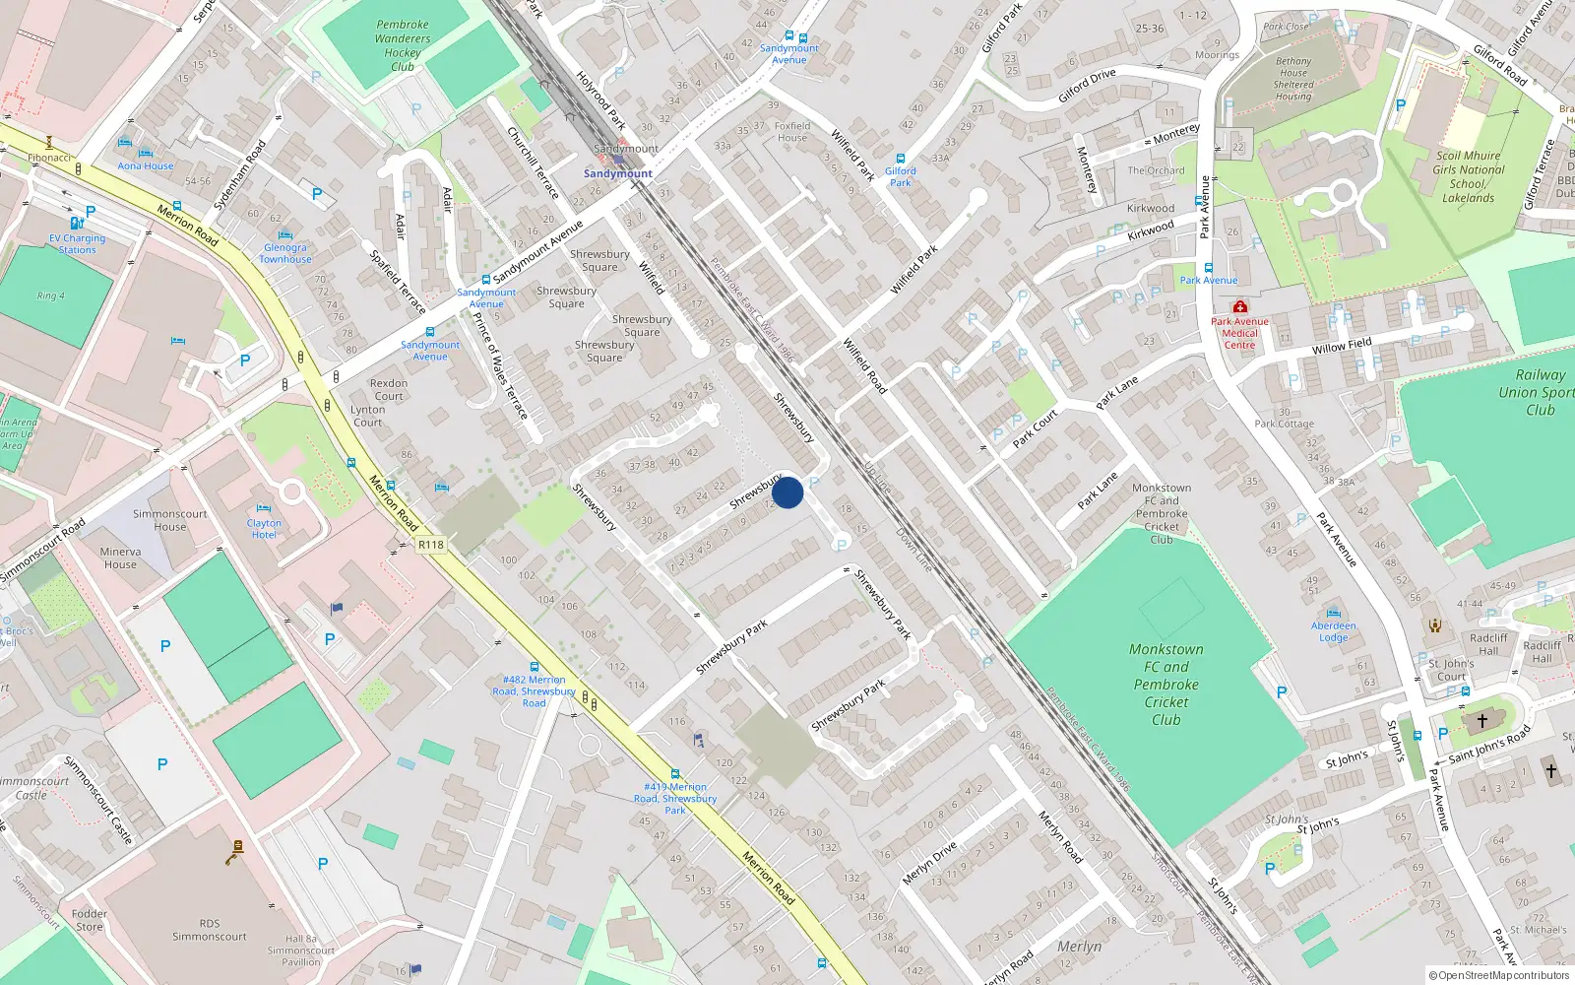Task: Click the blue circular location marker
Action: click(x=787, y=492)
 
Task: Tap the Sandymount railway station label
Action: click(x=617, y=173)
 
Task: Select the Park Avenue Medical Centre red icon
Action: click(x=1239, y=307)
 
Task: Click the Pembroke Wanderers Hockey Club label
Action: click(x=402, y=45)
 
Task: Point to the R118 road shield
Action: click(x=431, y=545)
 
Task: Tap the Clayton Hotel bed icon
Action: click(x=264, y=509)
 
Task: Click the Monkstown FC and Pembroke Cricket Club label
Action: click(x=1165, y=684)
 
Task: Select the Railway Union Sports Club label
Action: click(x=1539, y=391)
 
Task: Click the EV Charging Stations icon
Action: click(x=77, y=224)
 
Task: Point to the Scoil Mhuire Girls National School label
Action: click(x=1468, y=176)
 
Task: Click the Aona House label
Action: click(x=146, y=165)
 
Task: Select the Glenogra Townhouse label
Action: click(x=285, y=253)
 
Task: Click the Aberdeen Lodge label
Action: click(x=1334, y=631)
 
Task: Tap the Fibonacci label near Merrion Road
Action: click(x=49, y=158)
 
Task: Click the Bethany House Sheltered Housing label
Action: click(x=1293, y=79)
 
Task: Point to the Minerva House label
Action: click(x=120, y=558)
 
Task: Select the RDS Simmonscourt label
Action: click(x=210, y=930)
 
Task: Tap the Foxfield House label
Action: click(x=791, y=131)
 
